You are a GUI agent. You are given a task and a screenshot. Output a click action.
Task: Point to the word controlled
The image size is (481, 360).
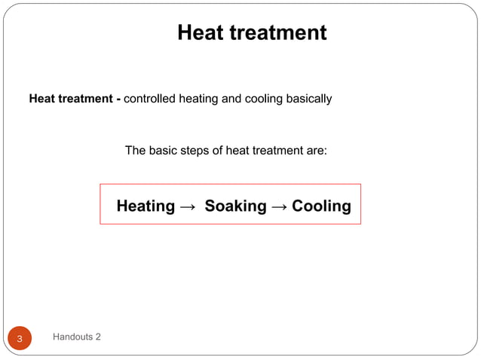click(x=149, y=99)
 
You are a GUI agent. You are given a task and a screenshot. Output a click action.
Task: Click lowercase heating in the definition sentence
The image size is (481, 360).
click(x=199, y=99)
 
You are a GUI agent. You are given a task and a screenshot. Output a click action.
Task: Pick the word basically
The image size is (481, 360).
click(x=308, y=99)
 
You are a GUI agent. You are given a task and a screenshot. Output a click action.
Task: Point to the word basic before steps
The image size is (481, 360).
click(x=162, y=151)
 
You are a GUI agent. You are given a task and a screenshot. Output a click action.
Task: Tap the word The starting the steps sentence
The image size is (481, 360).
click(x=135, y=151)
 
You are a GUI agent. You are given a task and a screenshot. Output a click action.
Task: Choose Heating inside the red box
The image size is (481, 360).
click(x=146, y=206)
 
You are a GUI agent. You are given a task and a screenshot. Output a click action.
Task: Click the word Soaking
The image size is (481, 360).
click(x=235, y=206)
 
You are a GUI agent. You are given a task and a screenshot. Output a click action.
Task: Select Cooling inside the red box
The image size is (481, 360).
click(x=321, y=206)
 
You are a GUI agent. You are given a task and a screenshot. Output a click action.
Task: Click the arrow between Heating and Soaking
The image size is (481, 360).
click(x=188, y=206)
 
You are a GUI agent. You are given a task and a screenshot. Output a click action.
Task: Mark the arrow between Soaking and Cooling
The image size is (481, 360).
click(x=278, y=206)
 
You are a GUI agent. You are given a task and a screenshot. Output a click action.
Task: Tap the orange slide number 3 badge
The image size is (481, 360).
click(x=20, y=339)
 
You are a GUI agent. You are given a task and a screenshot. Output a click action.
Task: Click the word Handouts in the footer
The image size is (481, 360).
click(x=72, y=337)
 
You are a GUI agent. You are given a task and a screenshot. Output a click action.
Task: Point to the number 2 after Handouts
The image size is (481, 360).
click(x=98, y=337)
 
